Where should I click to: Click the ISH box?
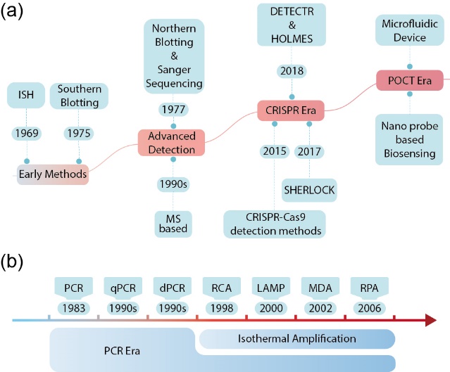click(27, 94)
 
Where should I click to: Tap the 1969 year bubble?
click(27, 132)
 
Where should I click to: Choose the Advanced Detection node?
click(172, 142)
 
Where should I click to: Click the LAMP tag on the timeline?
click(270, 288)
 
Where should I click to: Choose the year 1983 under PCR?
click(73, 308)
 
